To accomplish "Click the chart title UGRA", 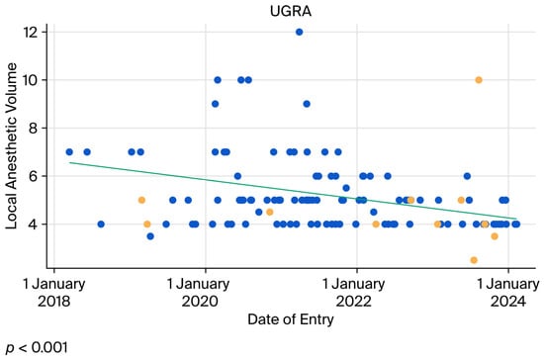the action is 291,11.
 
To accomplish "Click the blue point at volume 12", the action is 299,33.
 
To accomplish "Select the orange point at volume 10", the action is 479,80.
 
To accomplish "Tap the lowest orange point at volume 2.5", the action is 474,260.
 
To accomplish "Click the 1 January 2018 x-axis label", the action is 54,293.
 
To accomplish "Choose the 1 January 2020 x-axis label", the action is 200,293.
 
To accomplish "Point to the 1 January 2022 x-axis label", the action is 354,293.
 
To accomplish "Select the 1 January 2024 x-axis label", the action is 508,293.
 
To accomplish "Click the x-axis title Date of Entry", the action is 291,319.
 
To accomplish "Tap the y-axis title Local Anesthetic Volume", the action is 11,145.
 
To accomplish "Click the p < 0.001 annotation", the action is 37,347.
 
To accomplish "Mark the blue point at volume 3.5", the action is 150,236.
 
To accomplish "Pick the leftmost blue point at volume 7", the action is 69,152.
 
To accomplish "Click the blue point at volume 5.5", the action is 346,188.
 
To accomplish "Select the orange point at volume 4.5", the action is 270,212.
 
